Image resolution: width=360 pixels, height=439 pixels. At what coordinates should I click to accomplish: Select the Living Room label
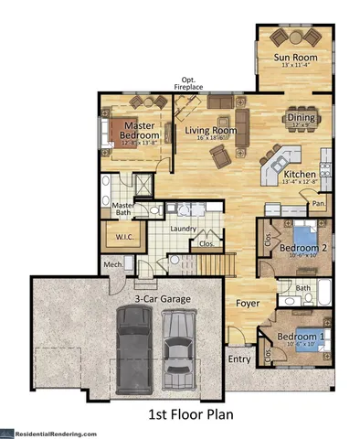[x=211, y=131]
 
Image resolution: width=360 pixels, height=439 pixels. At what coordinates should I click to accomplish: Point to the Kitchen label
[x=300, y=174]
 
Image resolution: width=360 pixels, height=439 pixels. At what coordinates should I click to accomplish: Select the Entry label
[x=239, y=359]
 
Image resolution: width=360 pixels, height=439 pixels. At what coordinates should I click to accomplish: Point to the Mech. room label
[x=113, y=265]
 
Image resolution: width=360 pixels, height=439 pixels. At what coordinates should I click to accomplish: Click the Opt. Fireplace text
[x=192, y=82]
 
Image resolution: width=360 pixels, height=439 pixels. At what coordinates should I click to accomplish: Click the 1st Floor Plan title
[x=191, y=414]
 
